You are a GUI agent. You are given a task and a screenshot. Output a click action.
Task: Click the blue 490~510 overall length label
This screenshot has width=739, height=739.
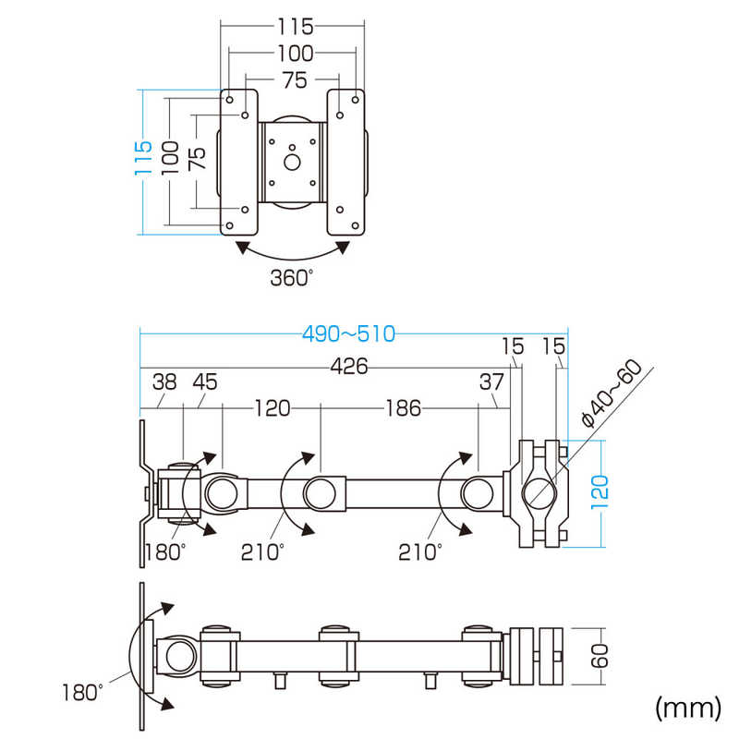coord(348,334)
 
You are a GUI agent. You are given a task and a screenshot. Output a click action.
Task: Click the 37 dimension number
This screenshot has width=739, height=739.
coord(491,381)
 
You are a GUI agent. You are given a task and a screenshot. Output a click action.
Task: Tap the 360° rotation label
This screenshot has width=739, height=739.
coord(292,276)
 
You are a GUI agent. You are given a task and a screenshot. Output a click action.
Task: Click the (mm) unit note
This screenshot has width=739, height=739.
coord(687,708)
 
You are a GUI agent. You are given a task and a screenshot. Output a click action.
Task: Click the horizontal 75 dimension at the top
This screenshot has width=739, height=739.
coord(293,80)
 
